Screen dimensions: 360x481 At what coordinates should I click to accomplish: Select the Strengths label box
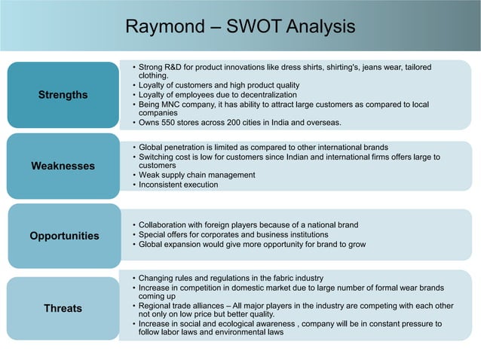point(63,95)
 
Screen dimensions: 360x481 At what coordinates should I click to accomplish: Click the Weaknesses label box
point(63,165)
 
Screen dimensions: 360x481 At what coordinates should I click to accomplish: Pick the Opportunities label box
point(64,236)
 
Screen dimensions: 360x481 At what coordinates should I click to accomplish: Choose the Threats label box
point(63,308)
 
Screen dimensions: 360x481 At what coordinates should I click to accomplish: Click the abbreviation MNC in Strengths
point(178,104)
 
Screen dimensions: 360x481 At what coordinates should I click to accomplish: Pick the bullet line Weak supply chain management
point(197,175)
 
